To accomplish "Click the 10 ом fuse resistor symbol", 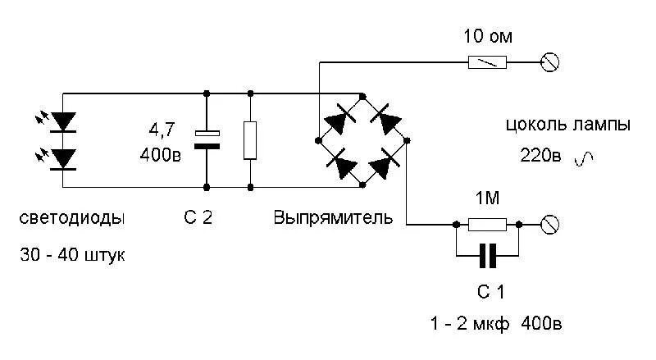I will point(488,62).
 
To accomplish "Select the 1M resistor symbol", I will point(487,223).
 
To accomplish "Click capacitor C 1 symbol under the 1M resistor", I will point(487,257).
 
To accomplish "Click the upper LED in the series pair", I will point(63,121).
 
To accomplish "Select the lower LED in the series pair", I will point(63,157).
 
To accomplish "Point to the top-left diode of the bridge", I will point(339,122).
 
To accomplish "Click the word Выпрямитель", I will point(333,219).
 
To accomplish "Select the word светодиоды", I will point(73,219).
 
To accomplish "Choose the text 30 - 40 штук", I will point(73,255).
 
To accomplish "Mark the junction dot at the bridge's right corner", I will point(408,140).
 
